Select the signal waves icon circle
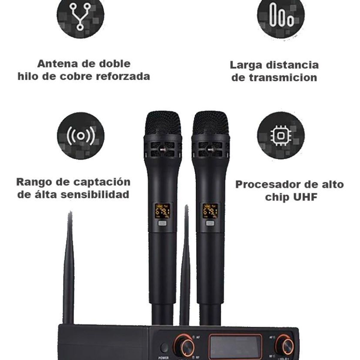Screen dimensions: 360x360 tap(80, 136)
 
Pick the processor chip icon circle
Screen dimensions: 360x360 tap(281, 136)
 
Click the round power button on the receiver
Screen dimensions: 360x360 tap(164, 348)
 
